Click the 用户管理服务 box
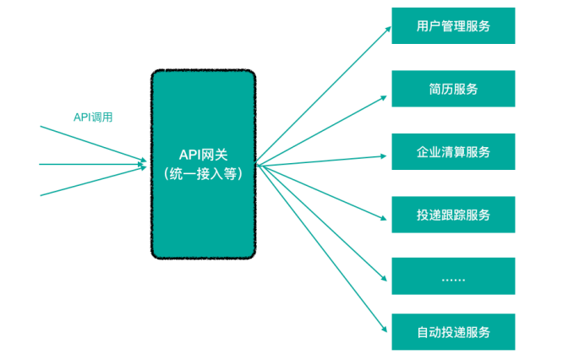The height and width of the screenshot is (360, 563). point(453,25)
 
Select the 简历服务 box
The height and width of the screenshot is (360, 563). point(453,89)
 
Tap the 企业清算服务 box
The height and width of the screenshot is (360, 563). point(453,152)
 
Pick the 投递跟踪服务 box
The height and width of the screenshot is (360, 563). point(453,215)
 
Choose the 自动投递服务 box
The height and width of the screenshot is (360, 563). point(453,331)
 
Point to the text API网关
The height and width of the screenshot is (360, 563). point(203,155)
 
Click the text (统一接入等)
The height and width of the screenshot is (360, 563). point(203,174)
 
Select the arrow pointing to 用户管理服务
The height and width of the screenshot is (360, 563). point(321,95)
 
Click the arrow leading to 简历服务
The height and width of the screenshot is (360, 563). point(321,128)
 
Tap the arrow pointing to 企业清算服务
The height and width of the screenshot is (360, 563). point(321,161)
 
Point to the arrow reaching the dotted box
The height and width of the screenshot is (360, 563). point(321,221)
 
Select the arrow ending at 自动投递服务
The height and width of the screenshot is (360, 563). point(321,249)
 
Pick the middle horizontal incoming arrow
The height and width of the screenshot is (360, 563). point(93,163)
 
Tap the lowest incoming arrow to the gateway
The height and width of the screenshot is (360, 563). point(93,182)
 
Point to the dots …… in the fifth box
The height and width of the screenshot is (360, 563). point(453,279)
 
